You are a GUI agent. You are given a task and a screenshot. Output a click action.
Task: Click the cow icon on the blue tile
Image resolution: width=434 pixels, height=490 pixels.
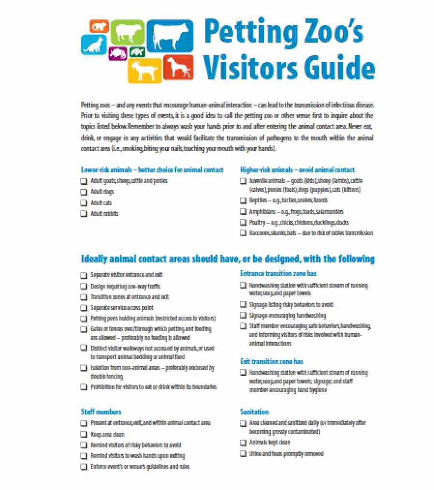[170, 37]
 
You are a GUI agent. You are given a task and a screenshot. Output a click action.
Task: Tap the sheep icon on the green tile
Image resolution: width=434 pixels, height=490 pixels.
[127, 32]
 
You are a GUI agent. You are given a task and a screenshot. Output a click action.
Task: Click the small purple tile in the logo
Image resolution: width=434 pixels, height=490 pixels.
[117, 53]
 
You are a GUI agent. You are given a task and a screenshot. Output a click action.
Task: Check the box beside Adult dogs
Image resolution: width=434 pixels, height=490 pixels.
[84, 192]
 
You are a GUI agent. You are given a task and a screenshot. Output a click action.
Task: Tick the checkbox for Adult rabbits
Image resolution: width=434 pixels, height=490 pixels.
[84, 214]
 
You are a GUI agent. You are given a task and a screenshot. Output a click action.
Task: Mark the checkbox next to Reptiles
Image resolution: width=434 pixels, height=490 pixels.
[243, 200]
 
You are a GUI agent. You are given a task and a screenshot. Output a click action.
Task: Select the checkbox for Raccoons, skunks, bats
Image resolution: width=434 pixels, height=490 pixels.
[243, 233]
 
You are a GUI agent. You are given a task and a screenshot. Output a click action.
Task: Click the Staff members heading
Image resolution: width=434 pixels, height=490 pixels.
[101, 412]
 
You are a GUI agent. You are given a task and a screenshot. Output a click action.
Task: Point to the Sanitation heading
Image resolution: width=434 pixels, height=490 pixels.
[254, 412]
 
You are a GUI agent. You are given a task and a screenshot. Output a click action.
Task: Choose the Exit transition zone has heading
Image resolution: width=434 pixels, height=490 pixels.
[271, 361]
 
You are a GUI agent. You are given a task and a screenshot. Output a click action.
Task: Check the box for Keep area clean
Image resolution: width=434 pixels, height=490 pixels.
[84, 435]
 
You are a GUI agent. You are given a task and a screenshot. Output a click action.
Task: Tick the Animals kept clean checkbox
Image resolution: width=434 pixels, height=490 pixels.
[243, 443]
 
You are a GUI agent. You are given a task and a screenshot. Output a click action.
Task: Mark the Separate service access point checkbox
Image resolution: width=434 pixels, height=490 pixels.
[84, 308]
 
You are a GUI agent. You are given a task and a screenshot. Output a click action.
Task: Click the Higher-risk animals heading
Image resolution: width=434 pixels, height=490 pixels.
[297, 170]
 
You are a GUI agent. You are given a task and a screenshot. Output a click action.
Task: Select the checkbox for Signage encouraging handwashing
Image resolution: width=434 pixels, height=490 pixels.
[243, 316]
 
